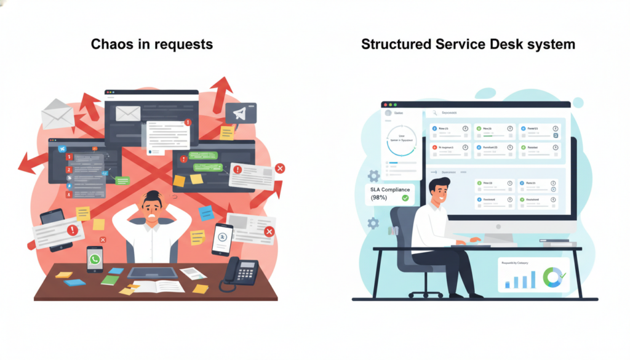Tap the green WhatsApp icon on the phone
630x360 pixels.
click(94, 260)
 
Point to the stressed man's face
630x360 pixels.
click(151, 209)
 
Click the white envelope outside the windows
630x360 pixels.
click(57, 114)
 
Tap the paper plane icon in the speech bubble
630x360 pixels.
click(239, 113)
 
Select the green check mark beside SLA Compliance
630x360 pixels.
click(405, 198)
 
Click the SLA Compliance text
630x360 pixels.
click(389, 190)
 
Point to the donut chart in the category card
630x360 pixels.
click(552, 277)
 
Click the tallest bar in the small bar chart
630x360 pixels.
click(532, 279)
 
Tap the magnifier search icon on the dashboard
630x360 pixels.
click(435, 113)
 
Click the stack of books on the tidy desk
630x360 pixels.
click(559, 242)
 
